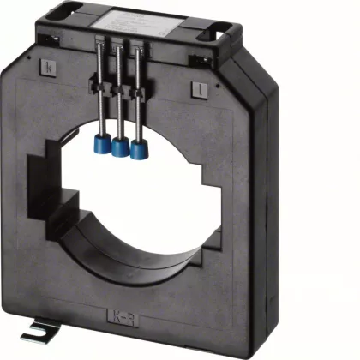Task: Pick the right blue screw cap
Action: (x=135, y=153)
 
